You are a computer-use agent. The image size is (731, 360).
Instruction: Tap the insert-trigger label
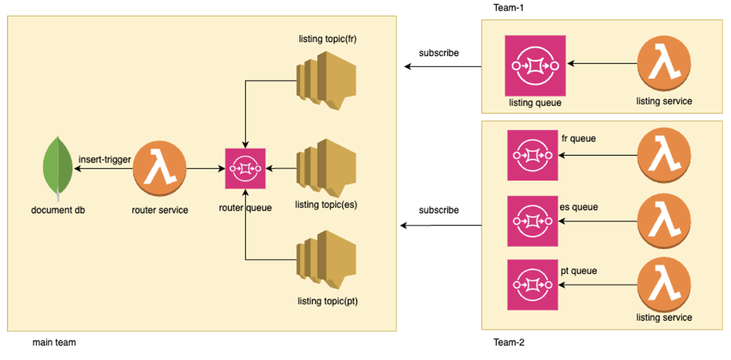(x=105, y=160)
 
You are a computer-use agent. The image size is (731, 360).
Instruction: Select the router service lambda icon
(x=159, y=169)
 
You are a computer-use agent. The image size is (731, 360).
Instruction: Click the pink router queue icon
(x=245, y=168)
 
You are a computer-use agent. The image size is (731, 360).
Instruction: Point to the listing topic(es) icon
(x=326, y=168)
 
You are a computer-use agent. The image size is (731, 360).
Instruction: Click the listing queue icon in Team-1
(x=535, y=66)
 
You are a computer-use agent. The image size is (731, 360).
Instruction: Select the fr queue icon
(x=532, y=155)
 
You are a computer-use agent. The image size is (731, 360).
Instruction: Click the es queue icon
(x=532, y=221)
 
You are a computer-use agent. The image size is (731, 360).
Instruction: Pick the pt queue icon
(x=532, y=285)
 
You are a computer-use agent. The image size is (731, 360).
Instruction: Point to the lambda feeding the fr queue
(x=664, y=155)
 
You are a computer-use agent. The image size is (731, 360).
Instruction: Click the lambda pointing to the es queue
(x=664, y=221)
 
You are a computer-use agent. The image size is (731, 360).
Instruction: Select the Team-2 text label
(x=509, y=342)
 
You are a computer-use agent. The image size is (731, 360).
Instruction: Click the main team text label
(x=54, y=342)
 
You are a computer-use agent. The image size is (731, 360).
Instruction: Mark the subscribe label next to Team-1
(x=439, y=53)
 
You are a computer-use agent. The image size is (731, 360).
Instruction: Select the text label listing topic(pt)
(x=328, y=301)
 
